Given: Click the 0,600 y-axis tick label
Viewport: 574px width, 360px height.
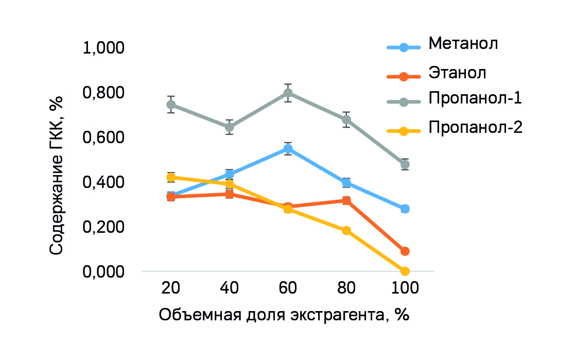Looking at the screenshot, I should tap(103, 138).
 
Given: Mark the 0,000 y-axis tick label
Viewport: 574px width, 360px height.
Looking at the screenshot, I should tap(103, 271).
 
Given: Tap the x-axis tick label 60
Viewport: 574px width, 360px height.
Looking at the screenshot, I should tap(288, 288).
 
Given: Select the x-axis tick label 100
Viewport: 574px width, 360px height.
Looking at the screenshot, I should tap(405, 288).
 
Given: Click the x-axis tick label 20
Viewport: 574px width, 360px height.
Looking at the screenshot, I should tap(170, 288).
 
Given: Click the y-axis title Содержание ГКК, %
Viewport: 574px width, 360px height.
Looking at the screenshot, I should tap(57, 176).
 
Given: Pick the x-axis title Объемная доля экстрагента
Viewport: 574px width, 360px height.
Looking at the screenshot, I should tap(284, 315).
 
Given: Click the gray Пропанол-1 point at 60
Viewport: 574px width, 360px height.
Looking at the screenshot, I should tap(288, 93).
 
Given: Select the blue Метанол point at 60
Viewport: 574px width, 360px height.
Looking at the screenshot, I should tap(288, 149).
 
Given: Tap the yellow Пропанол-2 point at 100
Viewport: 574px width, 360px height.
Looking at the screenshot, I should tap(405, 271).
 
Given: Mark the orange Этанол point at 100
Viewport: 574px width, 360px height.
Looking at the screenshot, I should tap(405, 251).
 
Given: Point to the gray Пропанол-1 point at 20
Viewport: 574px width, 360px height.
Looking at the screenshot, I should tap(171, 105).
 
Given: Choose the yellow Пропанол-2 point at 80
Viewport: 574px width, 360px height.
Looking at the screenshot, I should tap(346, 230).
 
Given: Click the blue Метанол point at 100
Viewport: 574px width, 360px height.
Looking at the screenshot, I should tap(405, 209).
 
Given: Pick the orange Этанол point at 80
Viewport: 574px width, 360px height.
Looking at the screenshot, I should tap(346, 200).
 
